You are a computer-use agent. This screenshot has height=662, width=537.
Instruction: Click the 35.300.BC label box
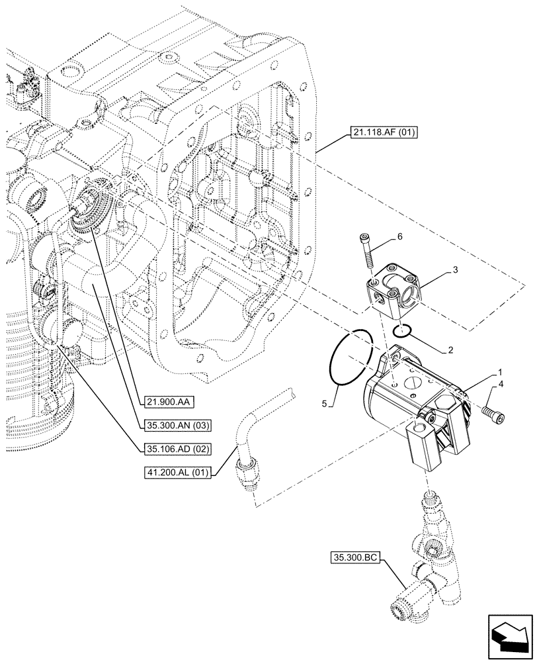click(x=352, y=559)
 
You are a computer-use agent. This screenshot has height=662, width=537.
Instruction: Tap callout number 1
click(x=500, y=373)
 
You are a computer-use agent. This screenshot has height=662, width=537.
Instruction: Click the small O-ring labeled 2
click(x=401, y=330)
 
